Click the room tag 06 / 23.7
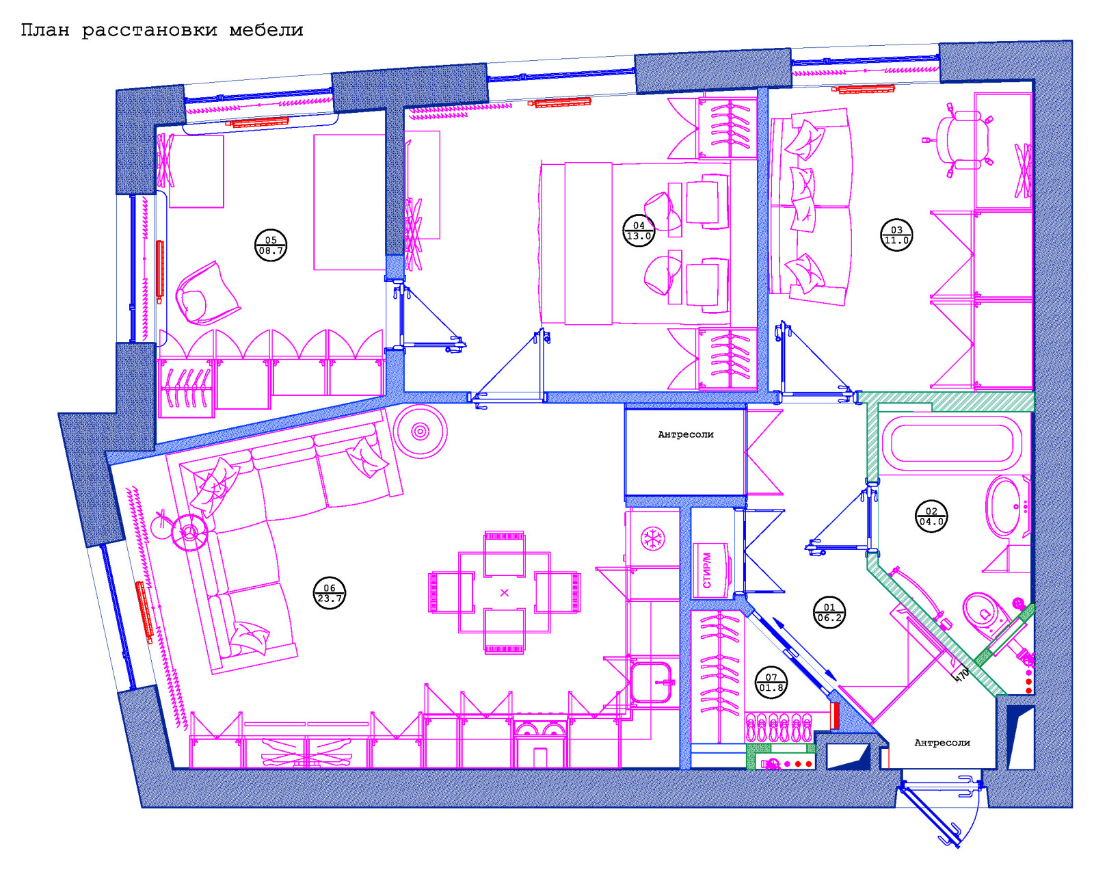click(x=330, y=593)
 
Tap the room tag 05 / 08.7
click(x=271, y=245)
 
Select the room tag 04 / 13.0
click(x=639, y=230)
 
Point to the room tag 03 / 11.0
click(x=896, y=235)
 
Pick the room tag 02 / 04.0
click(x=931, y=516)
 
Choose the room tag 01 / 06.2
click(x=829, y=612)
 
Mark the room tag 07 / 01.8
click(x=771, y=683)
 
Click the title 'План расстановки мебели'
click(x=161, y=31)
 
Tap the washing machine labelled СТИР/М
click(x=711, y=570)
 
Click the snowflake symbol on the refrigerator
click(x=652, y=539)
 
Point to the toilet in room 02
click(x=989, y=617)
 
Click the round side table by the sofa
click(x=421, y=432)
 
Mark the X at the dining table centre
click(x=505, y=593)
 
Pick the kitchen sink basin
click(x=652, y=682)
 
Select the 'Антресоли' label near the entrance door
click(x=942, y=743)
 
